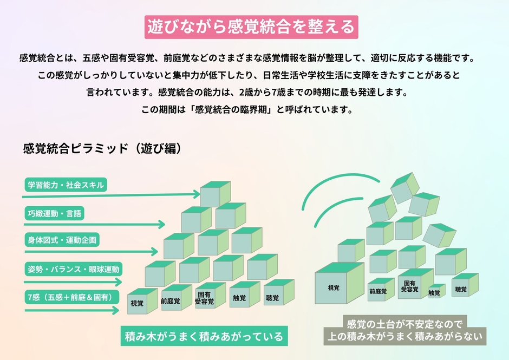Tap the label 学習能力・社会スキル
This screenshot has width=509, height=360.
coord(66,185)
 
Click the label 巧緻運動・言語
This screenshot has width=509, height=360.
coord(55,213)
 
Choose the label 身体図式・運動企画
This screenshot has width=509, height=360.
coord(62,240)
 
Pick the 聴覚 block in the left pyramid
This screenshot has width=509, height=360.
coord(273,298)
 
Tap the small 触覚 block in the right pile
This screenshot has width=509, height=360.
coord(434,292)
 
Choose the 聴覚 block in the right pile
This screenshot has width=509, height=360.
coord(461,289)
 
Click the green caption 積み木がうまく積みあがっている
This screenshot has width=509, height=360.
coord(204,337)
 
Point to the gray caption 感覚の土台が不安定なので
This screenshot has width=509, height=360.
coord(404,325)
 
